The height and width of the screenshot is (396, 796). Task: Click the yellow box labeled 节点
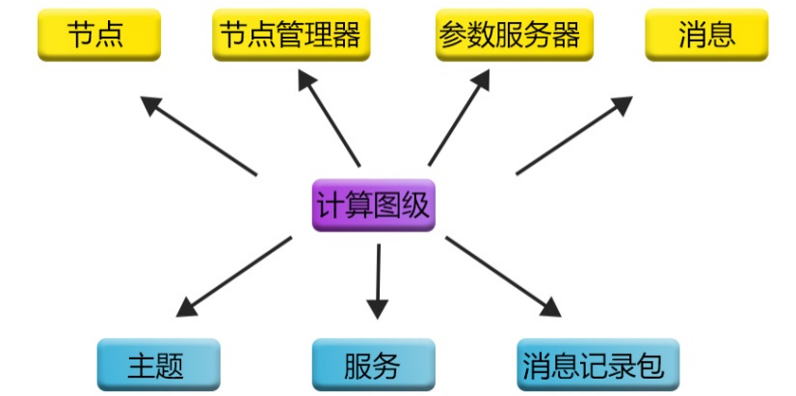point(98,35)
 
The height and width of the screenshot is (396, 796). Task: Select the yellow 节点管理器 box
point(290,35)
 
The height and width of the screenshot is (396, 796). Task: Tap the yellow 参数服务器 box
point(514,35)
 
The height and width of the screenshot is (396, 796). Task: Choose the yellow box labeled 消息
point(706,35)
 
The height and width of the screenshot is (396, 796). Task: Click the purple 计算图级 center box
point(373,204)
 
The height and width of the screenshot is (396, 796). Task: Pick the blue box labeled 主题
point(157,365)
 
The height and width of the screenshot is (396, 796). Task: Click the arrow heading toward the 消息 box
point(574,136)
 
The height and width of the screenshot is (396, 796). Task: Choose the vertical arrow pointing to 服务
point(378,280)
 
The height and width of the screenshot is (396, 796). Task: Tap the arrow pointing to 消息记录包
point(502,277)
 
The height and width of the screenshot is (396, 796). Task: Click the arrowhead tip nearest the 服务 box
point(377,314)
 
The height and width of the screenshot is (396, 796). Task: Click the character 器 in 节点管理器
point(347,35)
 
